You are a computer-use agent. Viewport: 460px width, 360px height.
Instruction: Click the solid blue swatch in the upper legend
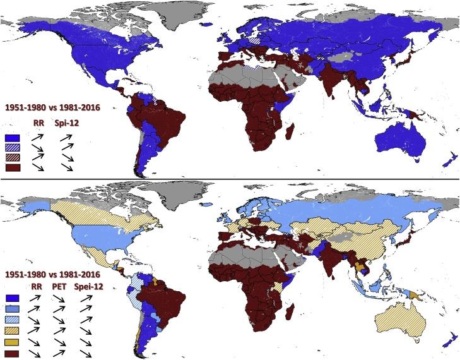[x=10, y=137]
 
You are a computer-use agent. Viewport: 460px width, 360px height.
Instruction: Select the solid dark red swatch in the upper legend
[x=10, y=167]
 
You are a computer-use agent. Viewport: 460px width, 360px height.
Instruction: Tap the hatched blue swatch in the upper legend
[x=10, y=147]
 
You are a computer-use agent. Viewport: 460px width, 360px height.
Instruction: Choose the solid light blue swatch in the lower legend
[x=10, y=308]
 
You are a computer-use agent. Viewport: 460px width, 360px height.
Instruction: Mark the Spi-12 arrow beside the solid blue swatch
[x=66, y=137]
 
